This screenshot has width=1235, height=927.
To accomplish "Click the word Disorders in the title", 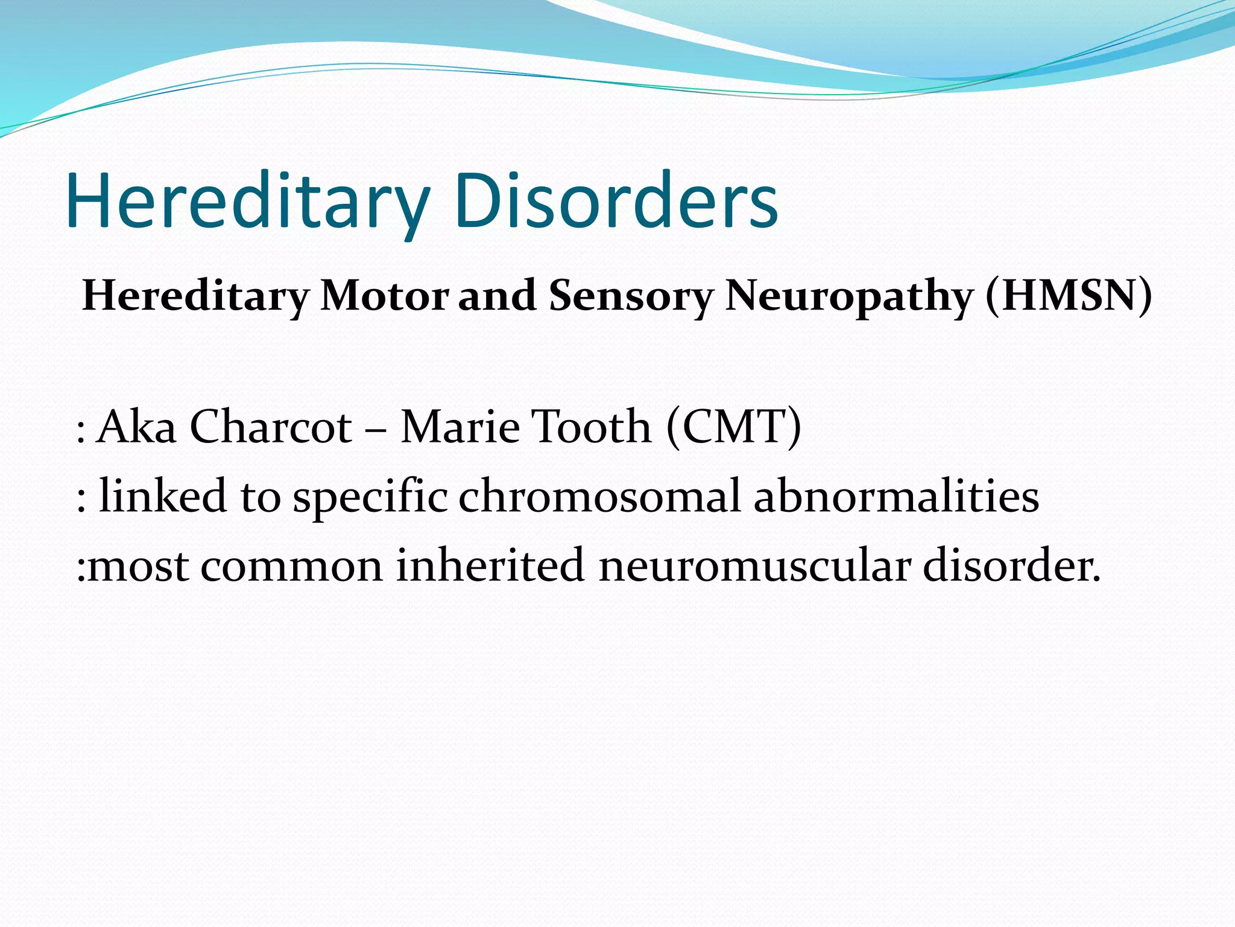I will pyautogui.click(x=616, y=200).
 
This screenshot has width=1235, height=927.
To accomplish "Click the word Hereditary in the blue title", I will pyautogui.click(x=247, y=200).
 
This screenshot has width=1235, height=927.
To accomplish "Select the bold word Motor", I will pyautogui.click(x=385, y=296).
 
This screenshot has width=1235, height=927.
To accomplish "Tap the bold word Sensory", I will pyautogui.click(x=631, y=296).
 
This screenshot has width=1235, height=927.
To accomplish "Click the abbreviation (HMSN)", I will pyautogui.click(x=1069, y=296).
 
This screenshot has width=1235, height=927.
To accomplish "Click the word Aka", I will pyautogui.click(x=136, y=427).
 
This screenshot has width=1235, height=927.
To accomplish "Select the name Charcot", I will pyautogui.click(x=271, y=427).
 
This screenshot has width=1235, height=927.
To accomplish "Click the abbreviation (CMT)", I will pyautogui.click(x=734, y=427).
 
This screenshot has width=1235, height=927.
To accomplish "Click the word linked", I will pyautogui.click(x=162, y=496).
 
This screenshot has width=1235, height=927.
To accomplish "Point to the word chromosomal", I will pyautogui.click(x=599, y=496).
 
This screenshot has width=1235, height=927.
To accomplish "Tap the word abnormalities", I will pyautogui.click(x=897, y=496).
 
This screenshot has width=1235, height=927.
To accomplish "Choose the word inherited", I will pyautogui.click(x=490, y=565).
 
